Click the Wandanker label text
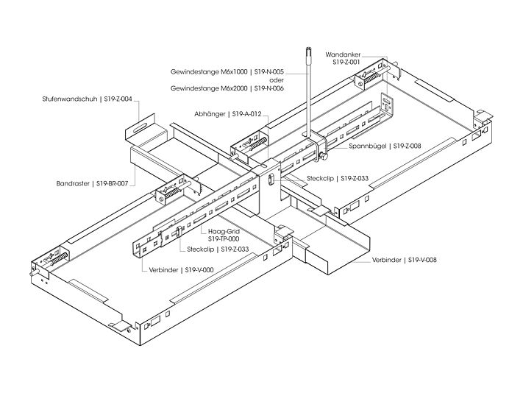(343, 54)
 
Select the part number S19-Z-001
(346, 63)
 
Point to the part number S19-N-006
(268, 88)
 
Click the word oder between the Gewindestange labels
(277, 80)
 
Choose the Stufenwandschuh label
(70, 99)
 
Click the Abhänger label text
(210, 114)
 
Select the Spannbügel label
(368, 146)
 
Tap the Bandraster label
(73, 183)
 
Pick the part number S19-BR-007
(112, 183)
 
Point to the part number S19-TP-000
(224, 239)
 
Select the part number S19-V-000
(199, 270)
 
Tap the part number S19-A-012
(247, 114)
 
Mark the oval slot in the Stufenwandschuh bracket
(141, 128)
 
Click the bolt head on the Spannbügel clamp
(323, 157)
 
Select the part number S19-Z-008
(408, 146)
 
